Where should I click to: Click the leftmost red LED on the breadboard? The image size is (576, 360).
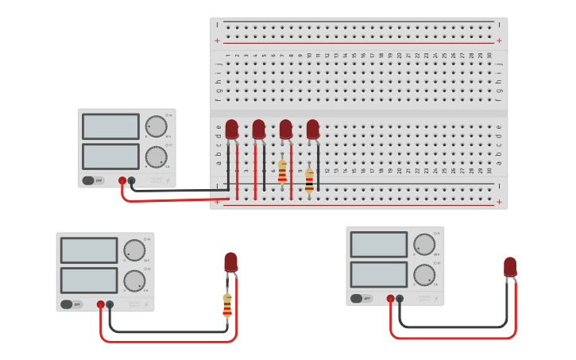click(x=231, y=129)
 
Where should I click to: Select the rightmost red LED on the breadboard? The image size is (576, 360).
click(x=312, y=129)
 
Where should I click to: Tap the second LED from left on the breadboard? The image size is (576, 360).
click(x=258, y=129)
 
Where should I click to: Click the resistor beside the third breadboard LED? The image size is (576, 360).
click(x=282, y=171)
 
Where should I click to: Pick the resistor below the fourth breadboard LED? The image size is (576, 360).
click(x=309, y=180)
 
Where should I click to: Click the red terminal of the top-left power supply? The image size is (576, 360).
click(x=122, y=180)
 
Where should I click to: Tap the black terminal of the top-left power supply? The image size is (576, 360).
click(x=131, y=180)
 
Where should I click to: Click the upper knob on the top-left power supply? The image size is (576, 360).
click(x=156, y=126)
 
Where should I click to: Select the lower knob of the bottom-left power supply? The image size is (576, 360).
click(x=134, y=281)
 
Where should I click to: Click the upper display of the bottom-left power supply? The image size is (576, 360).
click(x=89, y=250)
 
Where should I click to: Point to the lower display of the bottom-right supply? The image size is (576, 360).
click(x=379, y=274)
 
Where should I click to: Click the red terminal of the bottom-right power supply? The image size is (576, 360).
click(x=390, y=299)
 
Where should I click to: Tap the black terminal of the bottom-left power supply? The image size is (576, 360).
click(x=110, y=304)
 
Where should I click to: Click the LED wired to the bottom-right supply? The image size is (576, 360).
click(x=509, y=267)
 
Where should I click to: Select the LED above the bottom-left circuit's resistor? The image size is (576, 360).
click(x=230, y=262)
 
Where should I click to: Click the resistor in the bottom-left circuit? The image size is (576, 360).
click(x=227, y=304)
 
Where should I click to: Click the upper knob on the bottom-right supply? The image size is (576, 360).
click(x=424, y=244)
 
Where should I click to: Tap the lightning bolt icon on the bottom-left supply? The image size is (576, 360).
click(x=146, y=304)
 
